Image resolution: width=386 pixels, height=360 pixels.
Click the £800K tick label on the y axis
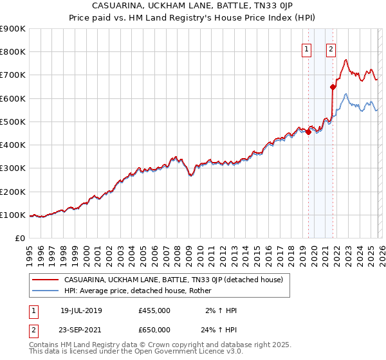pos(13,52)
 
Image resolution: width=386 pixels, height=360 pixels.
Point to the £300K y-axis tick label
pos(13,168)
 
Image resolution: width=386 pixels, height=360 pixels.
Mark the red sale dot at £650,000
pos(333,87)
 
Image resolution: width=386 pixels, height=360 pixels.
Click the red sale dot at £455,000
pos(308,132)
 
